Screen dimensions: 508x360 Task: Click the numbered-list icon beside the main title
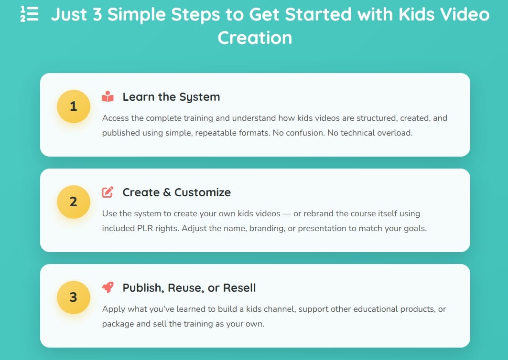[x=29, y=14]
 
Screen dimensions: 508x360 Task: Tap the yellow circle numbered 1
[x=74, y=106]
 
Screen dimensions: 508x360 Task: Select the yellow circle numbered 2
[x=74, y=201]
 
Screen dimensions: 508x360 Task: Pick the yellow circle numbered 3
[x=74, y=297]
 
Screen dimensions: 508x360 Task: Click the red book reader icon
[x=108, y=96]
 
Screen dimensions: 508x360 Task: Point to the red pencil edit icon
[x=108, y=192]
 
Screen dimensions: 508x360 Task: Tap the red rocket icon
[x=108, y=287]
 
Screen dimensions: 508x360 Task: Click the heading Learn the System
[x=171, y=97]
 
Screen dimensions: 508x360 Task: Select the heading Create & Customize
[x=176, y=192]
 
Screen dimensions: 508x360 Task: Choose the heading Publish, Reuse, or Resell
[x=189, y=288]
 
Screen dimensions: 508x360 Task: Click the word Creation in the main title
[x=255, y=38]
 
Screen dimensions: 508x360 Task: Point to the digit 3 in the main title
[x=97, y=15]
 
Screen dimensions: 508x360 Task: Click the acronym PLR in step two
[x=145, y=228]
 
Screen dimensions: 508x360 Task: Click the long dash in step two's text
[x=287, y=214]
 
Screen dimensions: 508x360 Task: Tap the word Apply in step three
[x=114, y=309]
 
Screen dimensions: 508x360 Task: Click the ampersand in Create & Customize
[x=167, y=192]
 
